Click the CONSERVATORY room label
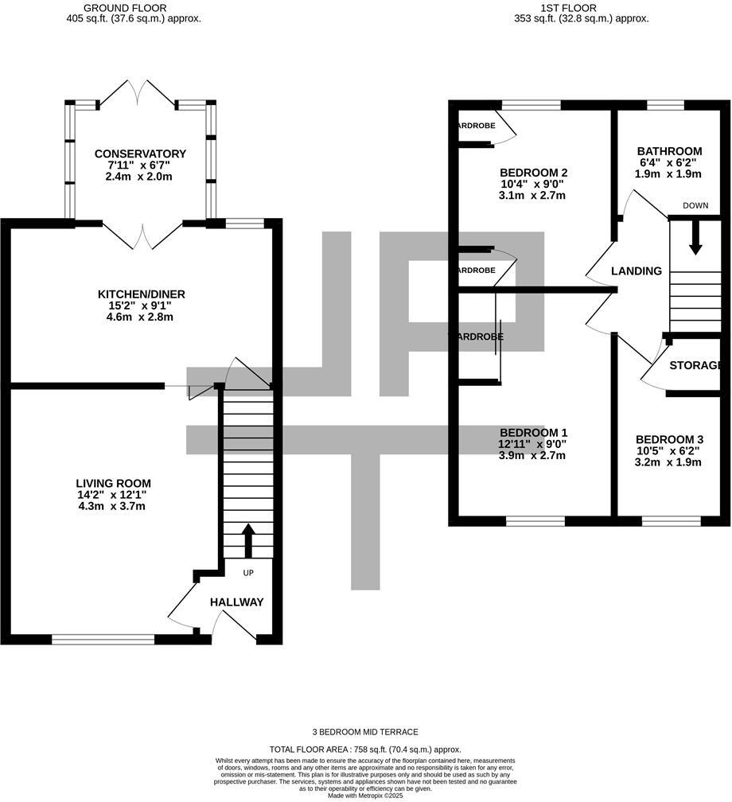[x=140, y=154]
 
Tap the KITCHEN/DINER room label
[x=140, y=294]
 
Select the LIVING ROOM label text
[x=113, y=483]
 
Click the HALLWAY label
[x=236, y=602]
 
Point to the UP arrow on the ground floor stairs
[x=247, y=541]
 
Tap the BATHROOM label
[x=669, y=151]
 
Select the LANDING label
[x=636, y=271]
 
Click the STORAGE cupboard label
[x=698, y=366]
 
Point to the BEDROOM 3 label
[x=669, y=439]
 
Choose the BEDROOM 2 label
[x=532, y=173]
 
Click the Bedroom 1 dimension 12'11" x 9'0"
[x=532, y=444]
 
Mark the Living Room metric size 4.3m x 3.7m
[x=113, y=506]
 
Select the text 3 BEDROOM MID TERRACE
[x=365, y=732]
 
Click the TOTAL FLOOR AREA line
[x=365, y=749]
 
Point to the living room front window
[x=103, y=639]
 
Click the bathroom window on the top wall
[x=665, y=104]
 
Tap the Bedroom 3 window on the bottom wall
[x=672, y=521]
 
